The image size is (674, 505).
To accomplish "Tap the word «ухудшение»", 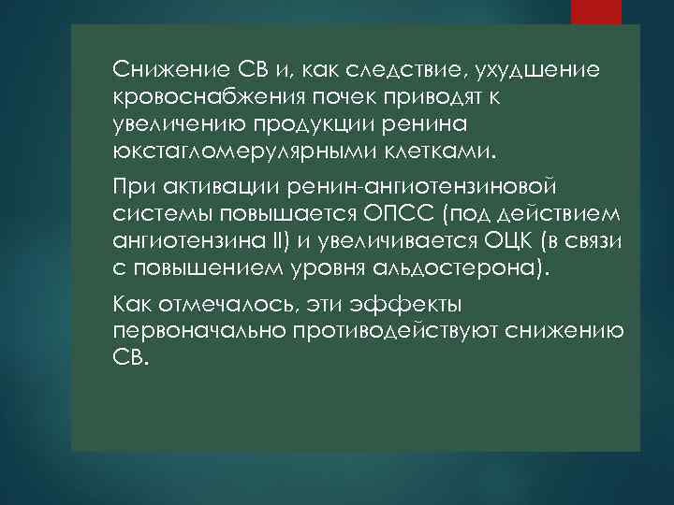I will (536, 69).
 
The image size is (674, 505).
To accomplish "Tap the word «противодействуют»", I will (392, 332).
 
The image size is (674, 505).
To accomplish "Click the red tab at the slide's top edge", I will (596, 12).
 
